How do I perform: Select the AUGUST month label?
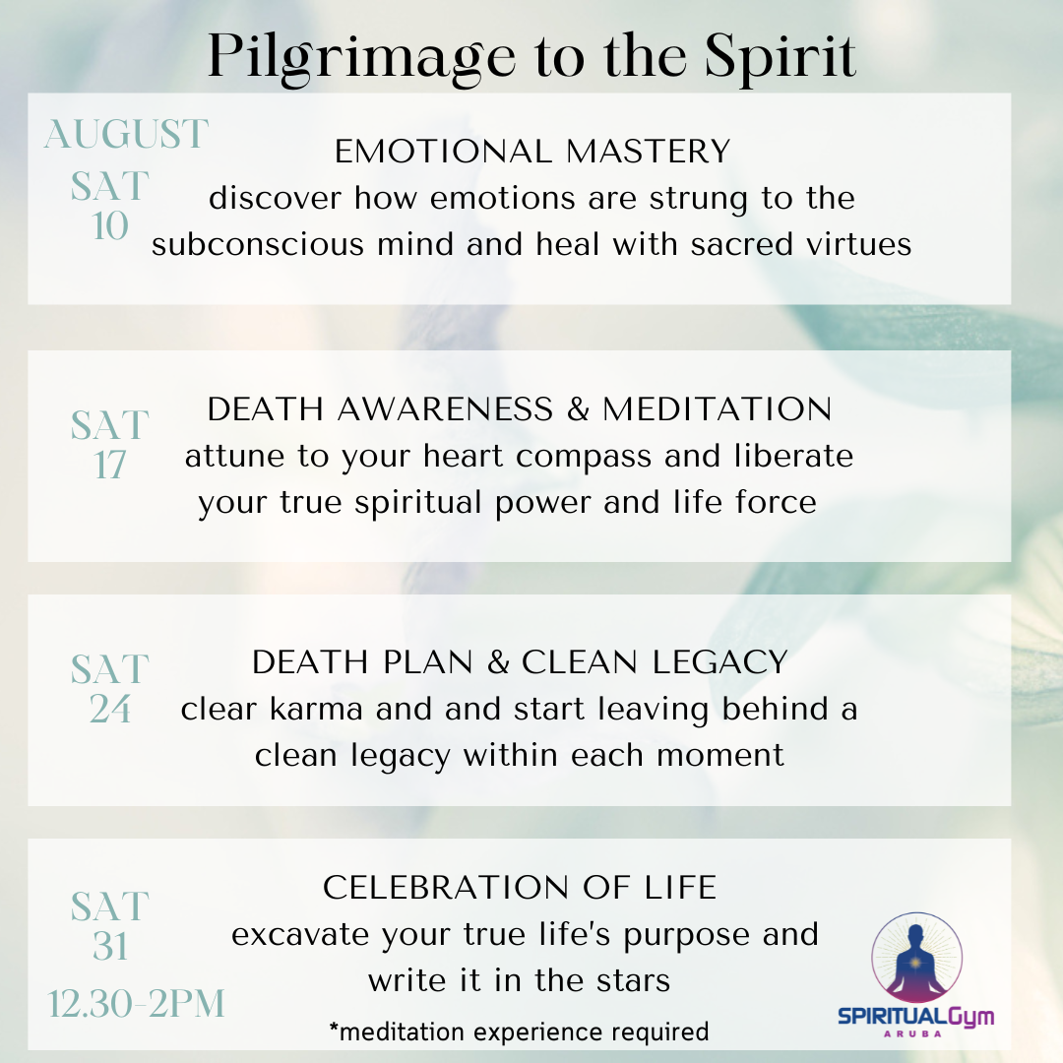tap(127, 134)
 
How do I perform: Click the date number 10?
tap(110, 226)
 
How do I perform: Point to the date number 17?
tap(110, 465)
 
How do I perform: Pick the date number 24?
tap(110, 709)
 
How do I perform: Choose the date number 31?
tap(110, 946)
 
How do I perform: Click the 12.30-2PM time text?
tap(137, 1004)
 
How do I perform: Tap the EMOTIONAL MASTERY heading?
tap(532, 152)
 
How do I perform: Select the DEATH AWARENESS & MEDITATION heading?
tap(520, 409)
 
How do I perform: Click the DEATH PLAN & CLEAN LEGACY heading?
tap(520, 662)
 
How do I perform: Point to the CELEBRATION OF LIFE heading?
tap(520, 888)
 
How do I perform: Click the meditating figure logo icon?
tap(916, 958)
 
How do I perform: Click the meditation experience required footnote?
tap(519, 1031)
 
